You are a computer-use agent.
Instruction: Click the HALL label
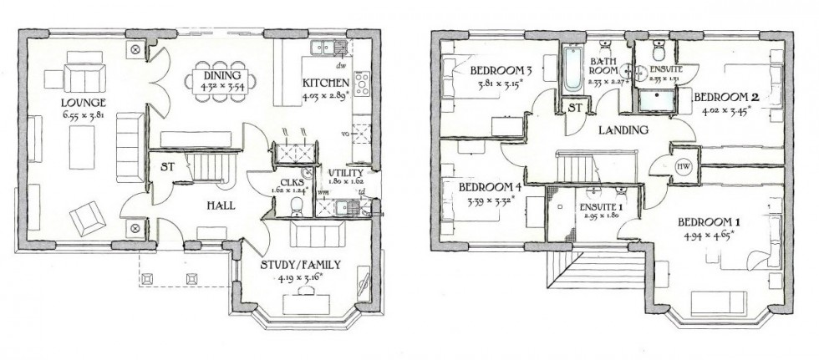[221, 205]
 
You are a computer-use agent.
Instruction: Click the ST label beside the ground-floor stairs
[167, 166]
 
